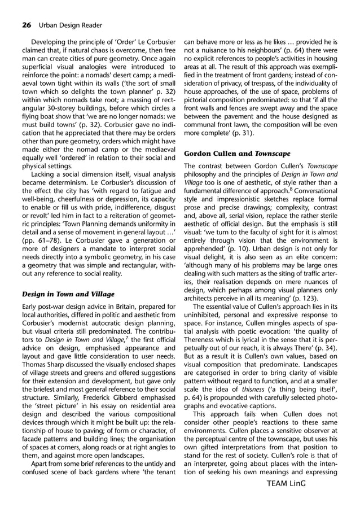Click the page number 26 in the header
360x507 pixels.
pyautogui.click(x=26, y=24)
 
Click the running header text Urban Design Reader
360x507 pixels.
pyautogui.click(x=69, y=24)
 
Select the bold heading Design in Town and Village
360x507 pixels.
pyautogui.click(x=68, y=294)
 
